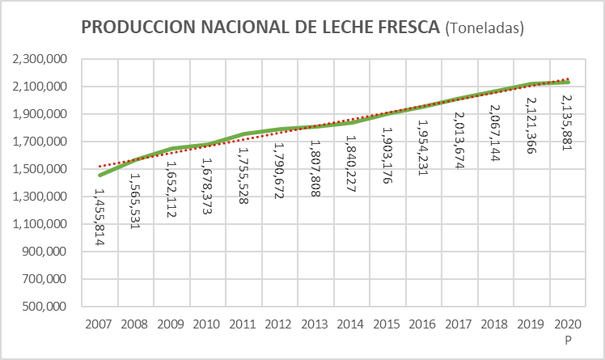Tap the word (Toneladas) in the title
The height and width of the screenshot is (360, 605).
click(485, 28)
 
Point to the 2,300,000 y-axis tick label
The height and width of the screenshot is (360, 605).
click(37, 59)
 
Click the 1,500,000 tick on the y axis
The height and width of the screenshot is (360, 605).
click(37, 169)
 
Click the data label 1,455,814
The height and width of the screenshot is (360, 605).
click(100, 218)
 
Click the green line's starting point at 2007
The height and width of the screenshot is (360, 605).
click(100, 175)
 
